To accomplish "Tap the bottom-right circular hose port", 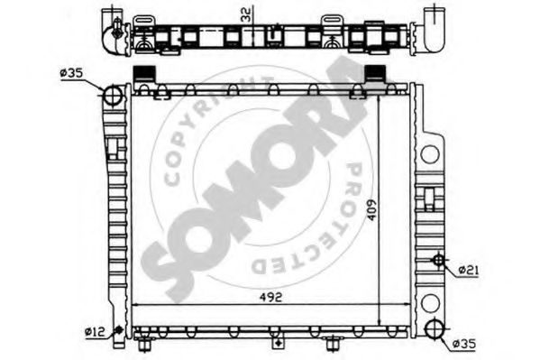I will coord(435,329).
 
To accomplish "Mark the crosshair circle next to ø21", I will coord(439,262).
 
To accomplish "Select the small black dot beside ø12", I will coord(117,331).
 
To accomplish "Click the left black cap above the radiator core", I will coord(142,75).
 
